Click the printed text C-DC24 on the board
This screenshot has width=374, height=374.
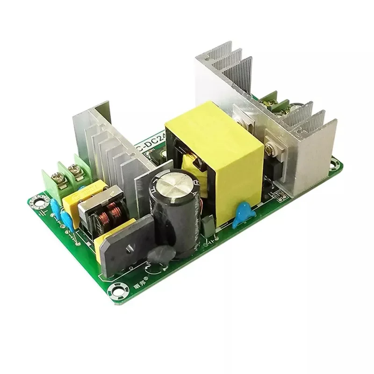point(149,144)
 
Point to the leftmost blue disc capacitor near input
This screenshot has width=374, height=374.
point(56,206)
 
